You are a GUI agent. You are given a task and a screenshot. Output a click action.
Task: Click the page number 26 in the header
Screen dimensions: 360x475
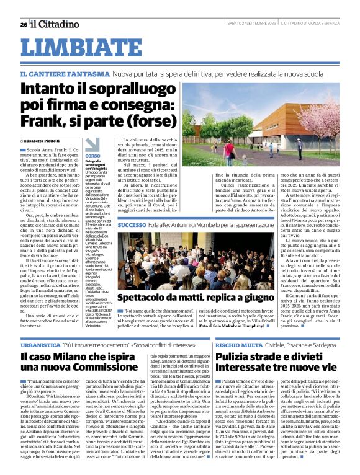[x=24, y=24]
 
